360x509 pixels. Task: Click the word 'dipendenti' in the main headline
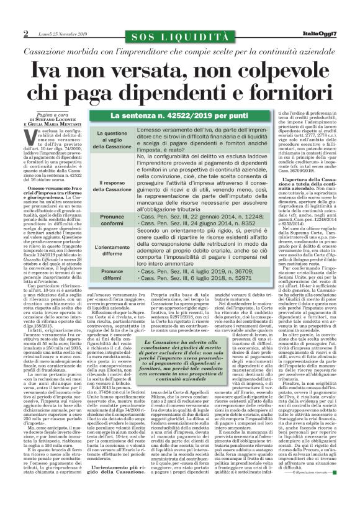click(x=192, y=86)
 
